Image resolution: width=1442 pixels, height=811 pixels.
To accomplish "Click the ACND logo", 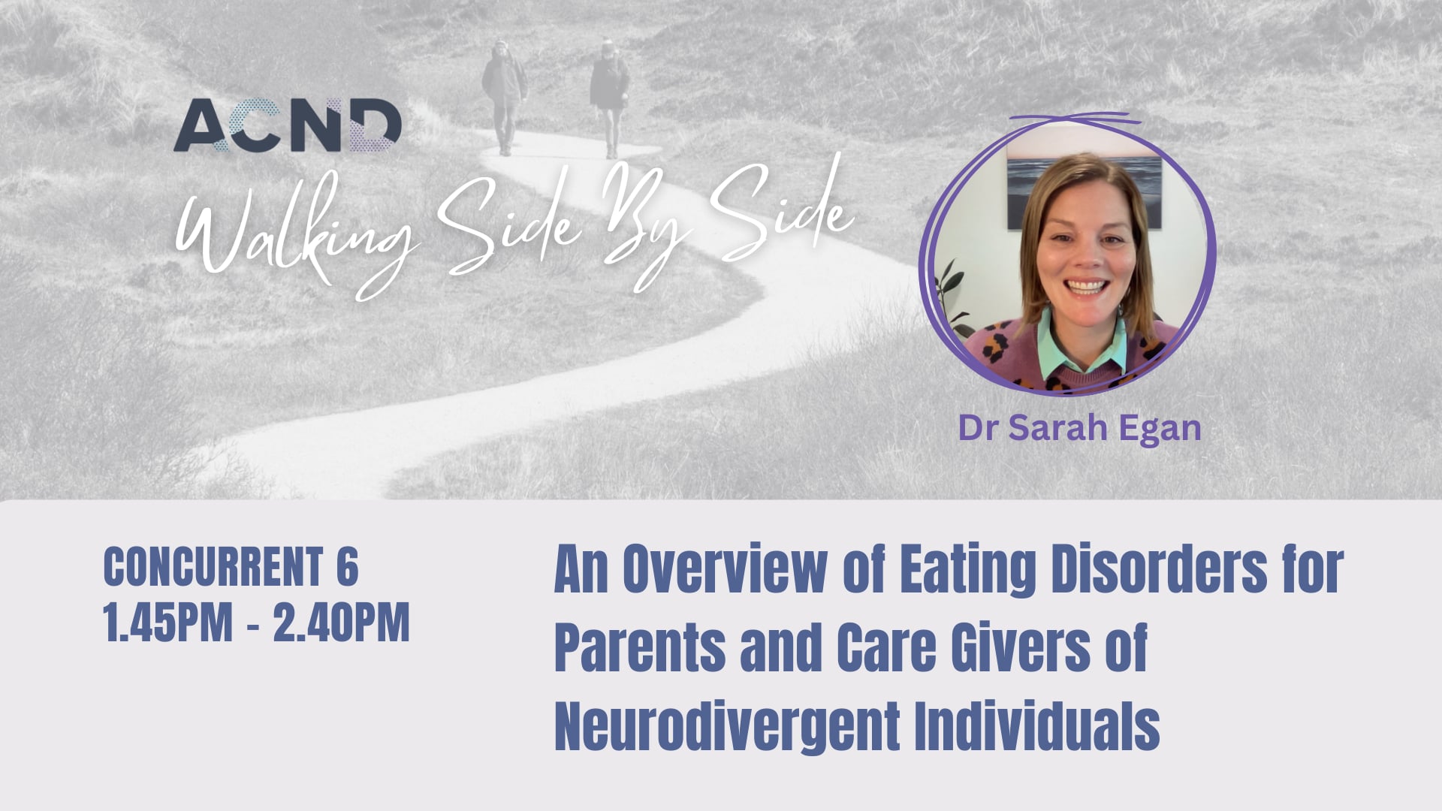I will (x=288, y=125).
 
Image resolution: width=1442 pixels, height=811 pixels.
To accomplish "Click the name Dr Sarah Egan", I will (x=1079, y=428).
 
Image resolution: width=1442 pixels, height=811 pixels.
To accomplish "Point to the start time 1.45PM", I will (x=168, y=623).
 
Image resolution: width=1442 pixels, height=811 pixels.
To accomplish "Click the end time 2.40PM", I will (x=341, y=623).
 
